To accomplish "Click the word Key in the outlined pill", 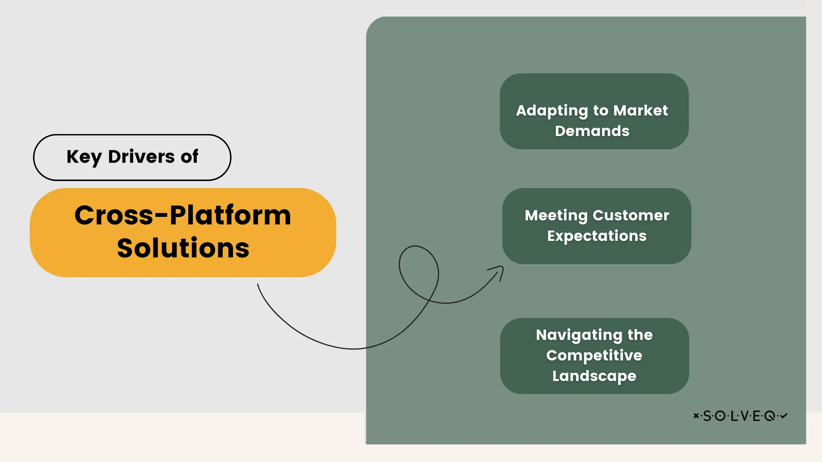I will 84,157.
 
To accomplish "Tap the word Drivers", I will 141,157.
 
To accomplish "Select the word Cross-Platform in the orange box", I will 183,215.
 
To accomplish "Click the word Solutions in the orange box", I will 183,248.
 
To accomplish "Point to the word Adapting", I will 552,111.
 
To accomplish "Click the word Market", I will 640,110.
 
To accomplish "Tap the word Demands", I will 592,131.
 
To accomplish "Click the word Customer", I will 630,215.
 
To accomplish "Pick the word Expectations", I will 597,236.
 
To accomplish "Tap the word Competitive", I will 594,355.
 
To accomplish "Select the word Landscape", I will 594,376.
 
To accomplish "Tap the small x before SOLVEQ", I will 696,415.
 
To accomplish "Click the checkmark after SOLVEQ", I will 784,415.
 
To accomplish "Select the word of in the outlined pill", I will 189,157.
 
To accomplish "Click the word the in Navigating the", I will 640,335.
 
